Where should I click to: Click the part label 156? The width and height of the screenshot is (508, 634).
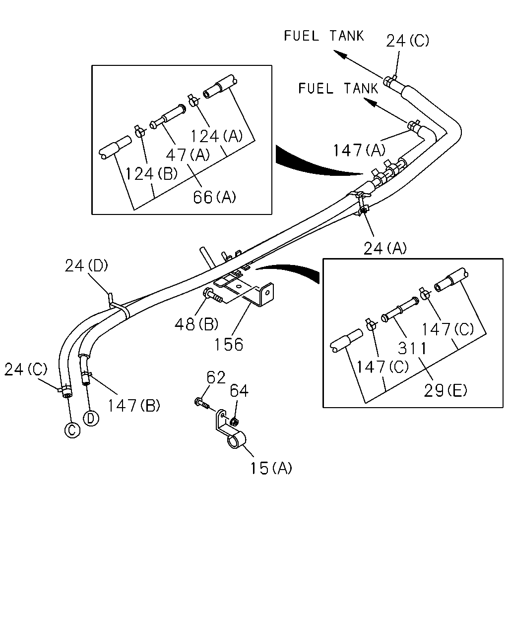229,344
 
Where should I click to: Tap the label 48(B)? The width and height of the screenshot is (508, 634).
196,324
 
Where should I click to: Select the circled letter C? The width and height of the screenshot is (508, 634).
72,430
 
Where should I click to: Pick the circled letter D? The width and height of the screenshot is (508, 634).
91,419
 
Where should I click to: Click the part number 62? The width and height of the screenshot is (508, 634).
216,377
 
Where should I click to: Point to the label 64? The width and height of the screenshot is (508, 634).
239,391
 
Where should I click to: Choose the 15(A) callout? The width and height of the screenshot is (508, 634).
271,468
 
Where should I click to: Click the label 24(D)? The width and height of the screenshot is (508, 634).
86,266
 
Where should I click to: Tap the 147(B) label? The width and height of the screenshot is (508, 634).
134,405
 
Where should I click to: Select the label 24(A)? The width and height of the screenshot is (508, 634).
385,248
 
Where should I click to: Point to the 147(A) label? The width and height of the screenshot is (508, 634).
359,150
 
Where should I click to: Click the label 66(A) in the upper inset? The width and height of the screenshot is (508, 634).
215,197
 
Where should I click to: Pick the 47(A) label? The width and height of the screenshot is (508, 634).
188,155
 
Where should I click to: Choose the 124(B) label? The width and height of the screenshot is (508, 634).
151,173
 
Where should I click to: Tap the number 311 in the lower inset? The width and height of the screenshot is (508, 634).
412,349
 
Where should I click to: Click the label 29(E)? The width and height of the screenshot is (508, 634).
445,391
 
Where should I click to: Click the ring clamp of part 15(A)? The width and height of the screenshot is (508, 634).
237,441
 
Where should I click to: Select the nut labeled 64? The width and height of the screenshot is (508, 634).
235,422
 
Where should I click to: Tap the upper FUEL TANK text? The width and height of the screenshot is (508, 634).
323,36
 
